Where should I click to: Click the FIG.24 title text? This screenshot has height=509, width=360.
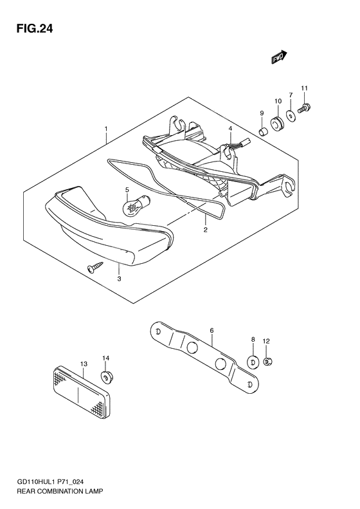30,28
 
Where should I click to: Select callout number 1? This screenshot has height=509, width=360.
105,129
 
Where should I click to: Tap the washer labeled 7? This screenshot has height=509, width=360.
291,116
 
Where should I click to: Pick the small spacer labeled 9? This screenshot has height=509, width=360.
262,133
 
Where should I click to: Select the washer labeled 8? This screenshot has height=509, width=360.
253,362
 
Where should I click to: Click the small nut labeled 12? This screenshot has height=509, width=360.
268,362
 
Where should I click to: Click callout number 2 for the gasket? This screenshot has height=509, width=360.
205,229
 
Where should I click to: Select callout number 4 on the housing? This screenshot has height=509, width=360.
230,129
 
